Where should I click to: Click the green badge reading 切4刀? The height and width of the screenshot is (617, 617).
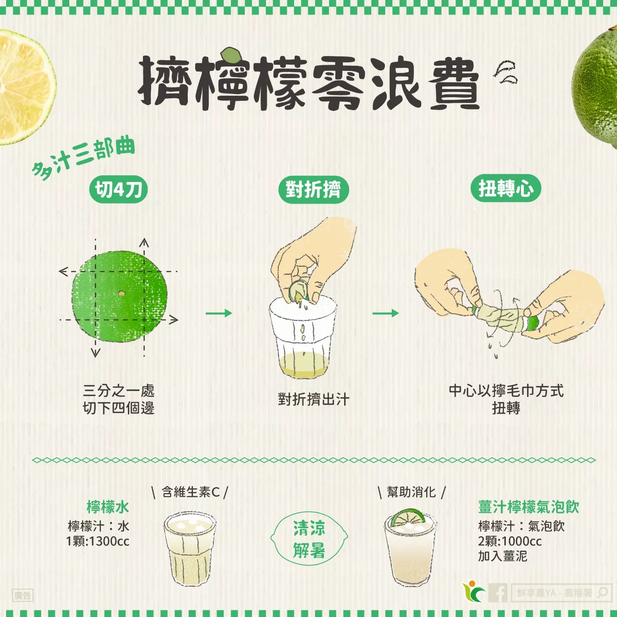pyautogui.click(x=118, y=189)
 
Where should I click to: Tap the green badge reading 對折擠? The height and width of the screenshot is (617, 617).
pyautogui.click(x=313, y=189)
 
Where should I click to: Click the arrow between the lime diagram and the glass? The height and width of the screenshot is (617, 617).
pyautogui.click(x=219, y=313)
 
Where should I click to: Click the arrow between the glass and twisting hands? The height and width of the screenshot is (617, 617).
pyautogui.click(x=386, y=313)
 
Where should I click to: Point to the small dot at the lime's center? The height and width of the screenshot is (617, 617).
pyautogui.click(x=121, y=294)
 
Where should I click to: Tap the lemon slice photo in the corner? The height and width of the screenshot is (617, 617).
pyautogui.click(x=23, y=87)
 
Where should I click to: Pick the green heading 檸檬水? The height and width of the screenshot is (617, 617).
pyautogui.click(x=107, y=507)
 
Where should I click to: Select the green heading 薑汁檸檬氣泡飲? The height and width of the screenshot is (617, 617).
pyautogui.click(x=529, y=507)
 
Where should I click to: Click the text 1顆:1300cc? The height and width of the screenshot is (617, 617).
pyautogui.click(x=98, y=541)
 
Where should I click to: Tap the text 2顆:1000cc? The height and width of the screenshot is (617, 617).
pyautogui.click(x=510, y=541)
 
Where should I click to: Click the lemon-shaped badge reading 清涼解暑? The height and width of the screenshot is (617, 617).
pyautogui.click(x=309, y=539)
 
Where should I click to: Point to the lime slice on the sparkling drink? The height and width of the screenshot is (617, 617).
pyautogui.click(x=407, y=517)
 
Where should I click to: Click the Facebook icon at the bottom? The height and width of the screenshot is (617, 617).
pyautogui.click(x=498, y=593)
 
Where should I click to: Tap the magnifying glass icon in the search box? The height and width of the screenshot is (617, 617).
pyautogui.click(x=602, y=593)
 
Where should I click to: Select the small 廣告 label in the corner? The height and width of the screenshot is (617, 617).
pyautogui.click(x=23, y=595)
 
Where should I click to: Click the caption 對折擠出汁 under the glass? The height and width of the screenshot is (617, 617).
pyautogui.click(x=313, y=399)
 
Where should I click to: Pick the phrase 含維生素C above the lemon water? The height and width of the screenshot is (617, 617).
pyautogui.click(x=190, y=492)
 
